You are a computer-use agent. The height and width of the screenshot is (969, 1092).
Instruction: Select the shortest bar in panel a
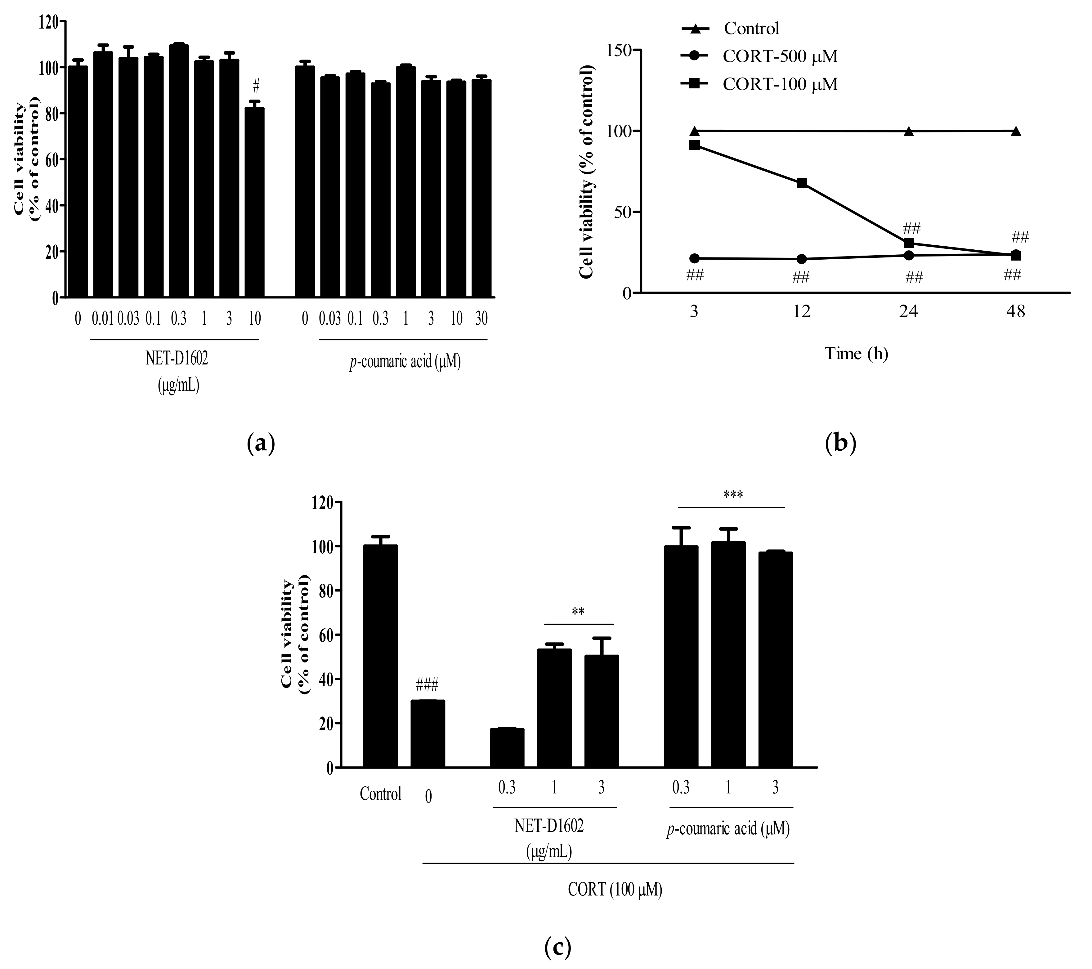[255, 203]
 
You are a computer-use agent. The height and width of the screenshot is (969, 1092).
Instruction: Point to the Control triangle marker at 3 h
[695, 131]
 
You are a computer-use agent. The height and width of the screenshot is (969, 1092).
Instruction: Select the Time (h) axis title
[857, 354]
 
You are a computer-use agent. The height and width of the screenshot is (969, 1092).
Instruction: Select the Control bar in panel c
[380, 657]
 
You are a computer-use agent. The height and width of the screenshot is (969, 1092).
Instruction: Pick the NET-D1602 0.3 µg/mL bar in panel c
[507, 748]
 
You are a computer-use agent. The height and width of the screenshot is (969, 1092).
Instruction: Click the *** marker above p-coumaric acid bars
[733, 495]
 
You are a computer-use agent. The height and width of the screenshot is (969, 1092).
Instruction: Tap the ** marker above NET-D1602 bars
[578, 612]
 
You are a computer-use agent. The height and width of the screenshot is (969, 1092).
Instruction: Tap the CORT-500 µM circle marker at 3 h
[695, 259]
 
